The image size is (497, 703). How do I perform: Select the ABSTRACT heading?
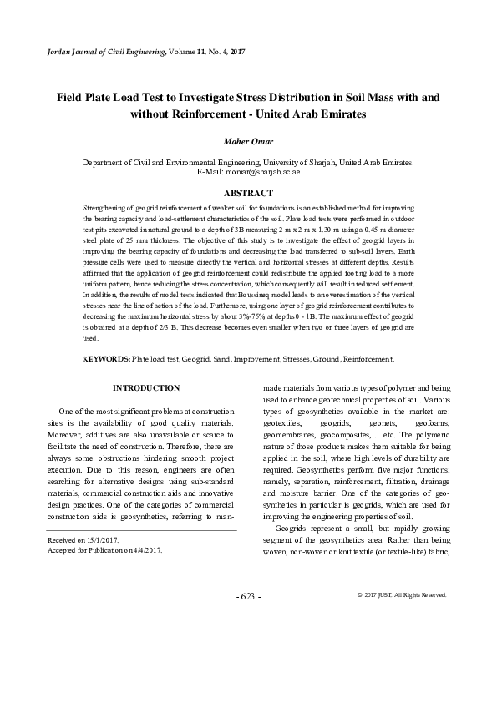248,191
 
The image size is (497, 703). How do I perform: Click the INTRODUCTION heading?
146,388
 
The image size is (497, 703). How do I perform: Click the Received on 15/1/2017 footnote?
84,540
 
